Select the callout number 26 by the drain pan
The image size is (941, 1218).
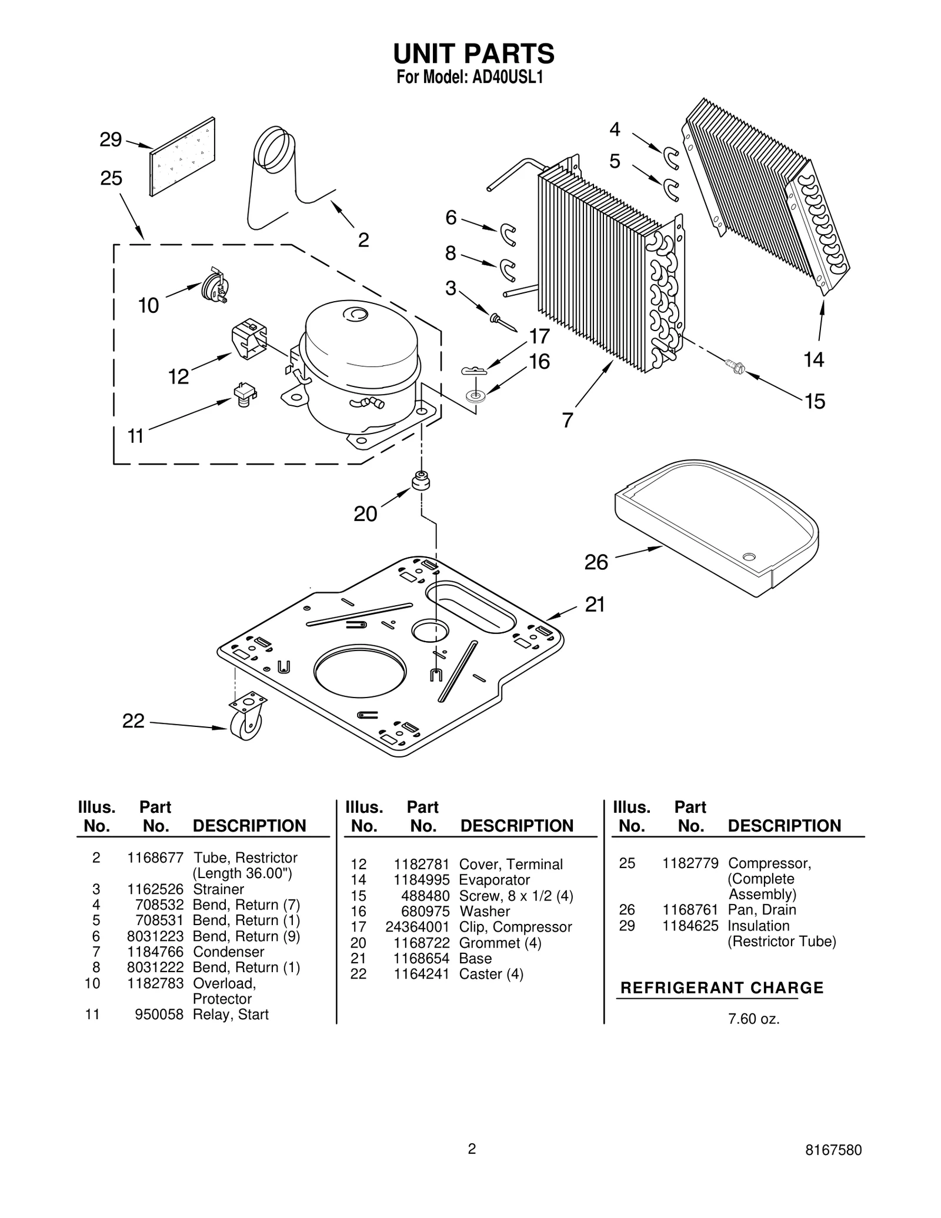[596, 563]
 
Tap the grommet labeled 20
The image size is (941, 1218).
[421, 480]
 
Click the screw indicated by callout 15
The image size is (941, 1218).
[735, 368]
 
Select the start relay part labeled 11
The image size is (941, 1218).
[245, 395]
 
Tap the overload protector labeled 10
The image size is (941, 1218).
[213, 286]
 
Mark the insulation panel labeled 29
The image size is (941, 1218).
[182, 156]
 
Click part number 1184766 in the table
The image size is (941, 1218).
[155, 952]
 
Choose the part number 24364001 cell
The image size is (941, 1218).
[417, 927]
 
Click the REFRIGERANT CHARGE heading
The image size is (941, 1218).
[722, 988]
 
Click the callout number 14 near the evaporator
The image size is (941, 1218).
[814, 359]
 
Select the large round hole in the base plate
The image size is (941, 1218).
[360, 671]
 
